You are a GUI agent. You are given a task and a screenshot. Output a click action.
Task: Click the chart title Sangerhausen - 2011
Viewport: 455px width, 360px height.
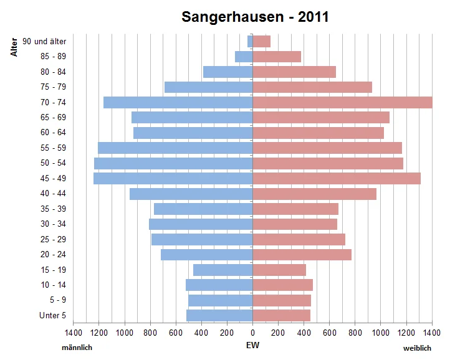(x=255, y=17)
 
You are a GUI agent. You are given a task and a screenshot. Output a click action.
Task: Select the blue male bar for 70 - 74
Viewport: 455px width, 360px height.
(x=178, y=102)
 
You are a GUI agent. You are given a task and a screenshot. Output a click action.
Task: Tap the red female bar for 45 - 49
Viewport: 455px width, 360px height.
(x=337, y=178)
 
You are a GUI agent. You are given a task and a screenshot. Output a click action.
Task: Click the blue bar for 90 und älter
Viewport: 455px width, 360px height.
(x=250, y=41)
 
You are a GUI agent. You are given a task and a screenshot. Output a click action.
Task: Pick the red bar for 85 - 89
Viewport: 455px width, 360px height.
(x=277, y=57)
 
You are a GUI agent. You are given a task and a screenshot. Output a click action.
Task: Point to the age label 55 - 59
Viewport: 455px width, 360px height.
(x=53, y=148)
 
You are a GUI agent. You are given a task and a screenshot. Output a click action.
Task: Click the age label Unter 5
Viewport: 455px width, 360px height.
(x=52, y=316)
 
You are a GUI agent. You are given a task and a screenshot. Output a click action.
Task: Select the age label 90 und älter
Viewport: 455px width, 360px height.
(x=44, y=41)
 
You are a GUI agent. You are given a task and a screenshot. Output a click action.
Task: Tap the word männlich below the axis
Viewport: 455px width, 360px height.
(x=77, y=348)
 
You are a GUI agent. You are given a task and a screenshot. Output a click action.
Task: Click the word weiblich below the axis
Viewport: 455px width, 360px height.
(x=417, y=348)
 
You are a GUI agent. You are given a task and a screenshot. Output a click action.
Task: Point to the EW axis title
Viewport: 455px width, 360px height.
(x=252, y=345)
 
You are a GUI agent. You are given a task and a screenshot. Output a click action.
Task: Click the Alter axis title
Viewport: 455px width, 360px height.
(x=14, y=48)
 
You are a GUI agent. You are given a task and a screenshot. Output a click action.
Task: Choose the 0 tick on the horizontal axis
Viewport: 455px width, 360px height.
(x=252, y=333)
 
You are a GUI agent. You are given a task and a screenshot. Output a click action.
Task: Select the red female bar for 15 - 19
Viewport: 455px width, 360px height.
(x=279, y=270)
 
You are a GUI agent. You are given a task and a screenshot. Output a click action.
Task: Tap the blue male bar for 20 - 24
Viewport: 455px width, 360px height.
(x=206, y=255)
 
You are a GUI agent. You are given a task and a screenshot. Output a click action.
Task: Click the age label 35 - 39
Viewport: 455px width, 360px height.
(x=53, y=209)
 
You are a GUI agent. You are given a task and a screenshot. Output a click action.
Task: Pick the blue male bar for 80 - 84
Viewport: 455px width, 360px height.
(x=228, y=72)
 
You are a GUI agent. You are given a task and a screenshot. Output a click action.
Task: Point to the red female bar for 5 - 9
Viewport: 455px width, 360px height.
(x=282, y=300)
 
